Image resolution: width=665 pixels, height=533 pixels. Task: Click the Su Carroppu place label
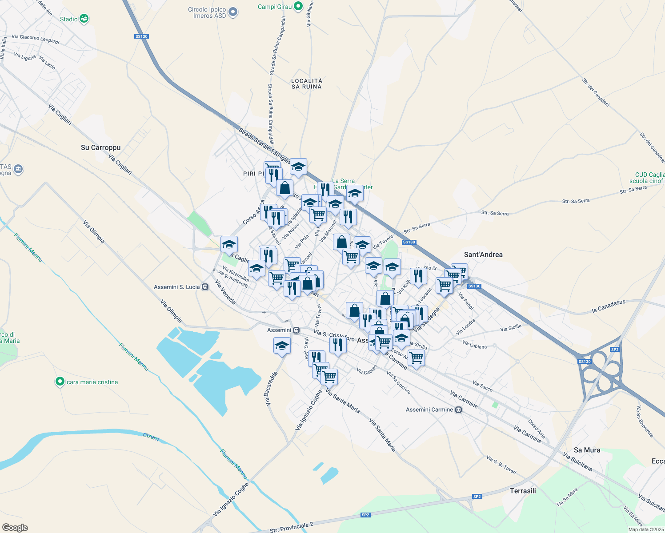[100, 147]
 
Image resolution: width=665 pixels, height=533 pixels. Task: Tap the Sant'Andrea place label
[483, 255]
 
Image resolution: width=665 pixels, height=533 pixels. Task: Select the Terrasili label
[523, 491]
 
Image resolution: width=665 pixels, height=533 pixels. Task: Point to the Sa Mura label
[587, 450]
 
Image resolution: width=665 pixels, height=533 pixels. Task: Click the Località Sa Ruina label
[307, 84]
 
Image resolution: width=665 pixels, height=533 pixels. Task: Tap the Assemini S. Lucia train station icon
[205, 287]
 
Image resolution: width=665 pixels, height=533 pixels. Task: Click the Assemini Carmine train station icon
[459, 410]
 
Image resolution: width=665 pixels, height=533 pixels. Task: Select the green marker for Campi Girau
[298, 7]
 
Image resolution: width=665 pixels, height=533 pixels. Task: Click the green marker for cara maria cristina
[60, 382]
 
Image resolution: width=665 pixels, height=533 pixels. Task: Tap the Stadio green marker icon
[84, 19]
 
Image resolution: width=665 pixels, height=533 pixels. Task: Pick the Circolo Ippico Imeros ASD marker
[233, 12]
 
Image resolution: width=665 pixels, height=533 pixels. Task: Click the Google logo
[15, 528]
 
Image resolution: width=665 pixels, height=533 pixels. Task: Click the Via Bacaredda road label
[271, 389]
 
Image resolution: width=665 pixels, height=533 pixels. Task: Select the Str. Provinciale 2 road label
[292, 528]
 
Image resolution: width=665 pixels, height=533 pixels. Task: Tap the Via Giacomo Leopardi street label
[36, 39]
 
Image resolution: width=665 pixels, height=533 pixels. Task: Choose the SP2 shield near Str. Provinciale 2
[365, 515]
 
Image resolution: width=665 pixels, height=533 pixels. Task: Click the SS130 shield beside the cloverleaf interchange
[585, 362]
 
